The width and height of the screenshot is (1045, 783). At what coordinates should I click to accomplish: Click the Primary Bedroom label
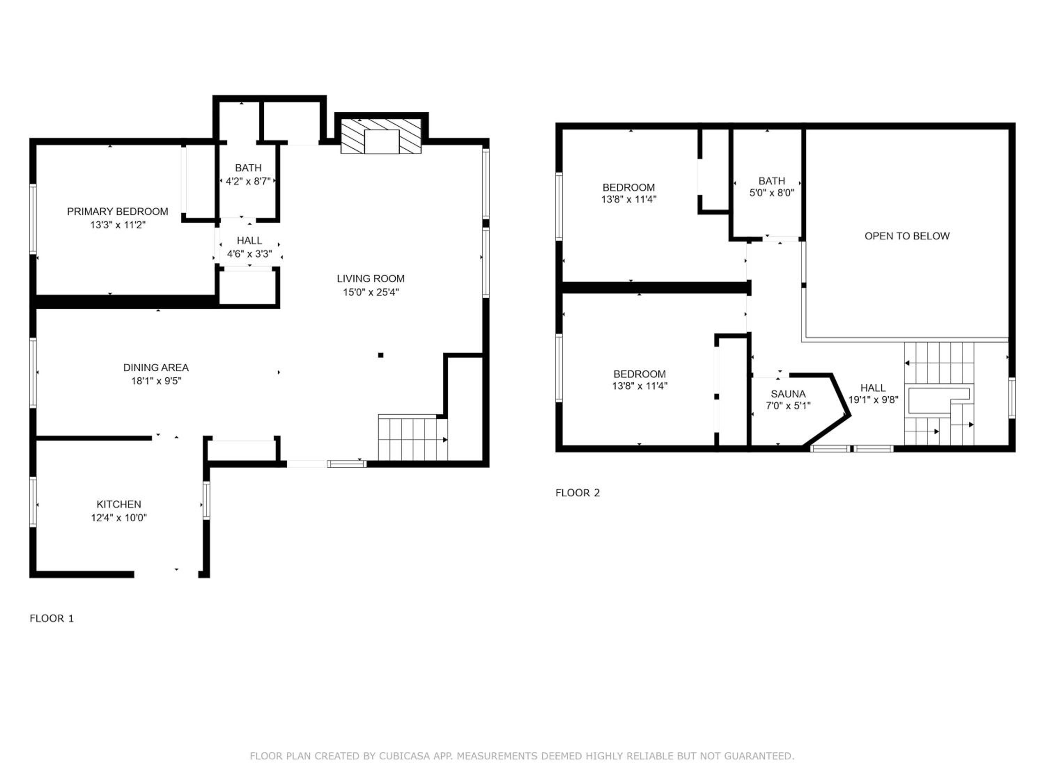point(118,212)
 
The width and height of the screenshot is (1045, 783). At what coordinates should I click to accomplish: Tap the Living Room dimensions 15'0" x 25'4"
point(371,292)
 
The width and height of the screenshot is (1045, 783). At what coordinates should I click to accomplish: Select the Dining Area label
point(156,367)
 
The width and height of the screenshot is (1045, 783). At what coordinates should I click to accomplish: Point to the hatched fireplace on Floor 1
point(381,136)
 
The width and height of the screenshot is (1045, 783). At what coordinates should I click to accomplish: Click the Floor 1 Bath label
point(248,168)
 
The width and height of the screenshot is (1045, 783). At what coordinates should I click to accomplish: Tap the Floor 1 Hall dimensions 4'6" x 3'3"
point(249,254)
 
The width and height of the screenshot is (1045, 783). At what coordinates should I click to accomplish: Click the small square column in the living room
point(381,355)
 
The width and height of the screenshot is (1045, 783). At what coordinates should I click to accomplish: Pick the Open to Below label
point(907,236)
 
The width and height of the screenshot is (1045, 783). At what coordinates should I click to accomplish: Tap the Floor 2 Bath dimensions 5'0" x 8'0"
point(772,192)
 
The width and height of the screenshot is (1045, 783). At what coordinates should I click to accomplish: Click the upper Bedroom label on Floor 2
point(629,187)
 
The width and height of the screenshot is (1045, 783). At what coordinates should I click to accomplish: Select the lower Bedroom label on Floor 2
point(640,374)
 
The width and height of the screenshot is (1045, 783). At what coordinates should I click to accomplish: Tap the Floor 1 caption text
point(52,618)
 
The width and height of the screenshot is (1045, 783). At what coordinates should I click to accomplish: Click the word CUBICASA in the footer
point(404,756)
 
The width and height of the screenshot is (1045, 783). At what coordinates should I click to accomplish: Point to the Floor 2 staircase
point(939,394)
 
